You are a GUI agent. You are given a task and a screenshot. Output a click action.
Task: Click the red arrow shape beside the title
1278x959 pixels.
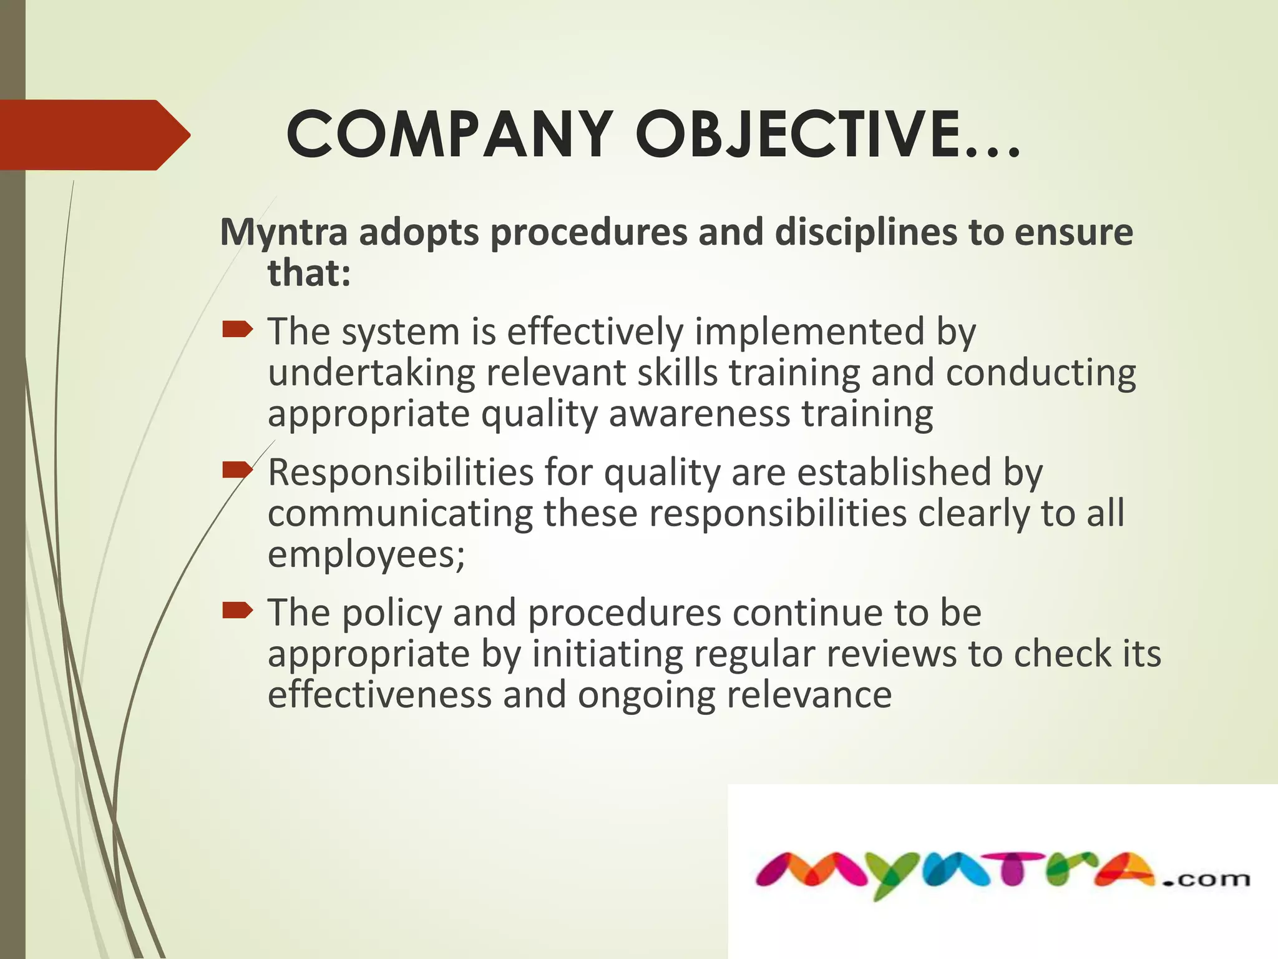(94, 135)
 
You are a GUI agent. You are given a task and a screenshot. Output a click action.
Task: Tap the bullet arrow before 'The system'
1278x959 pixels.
(237, 328)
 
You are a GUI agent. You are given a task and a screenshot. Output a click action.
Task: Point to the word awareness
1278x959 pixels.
(699, 414)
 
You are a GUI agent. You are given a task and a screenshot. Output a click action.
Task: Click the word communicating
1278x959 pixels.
(400, 514)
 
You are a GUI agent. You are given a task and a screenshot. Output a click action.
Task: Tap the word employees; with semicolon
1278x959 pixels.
(366, 555)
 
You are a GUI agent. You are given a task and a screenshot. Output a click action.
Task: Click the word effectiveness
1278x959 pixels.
(379, 695)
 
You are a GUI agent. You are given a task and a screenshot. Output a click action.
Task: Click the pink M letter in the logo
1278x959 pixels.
(811, 871)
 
